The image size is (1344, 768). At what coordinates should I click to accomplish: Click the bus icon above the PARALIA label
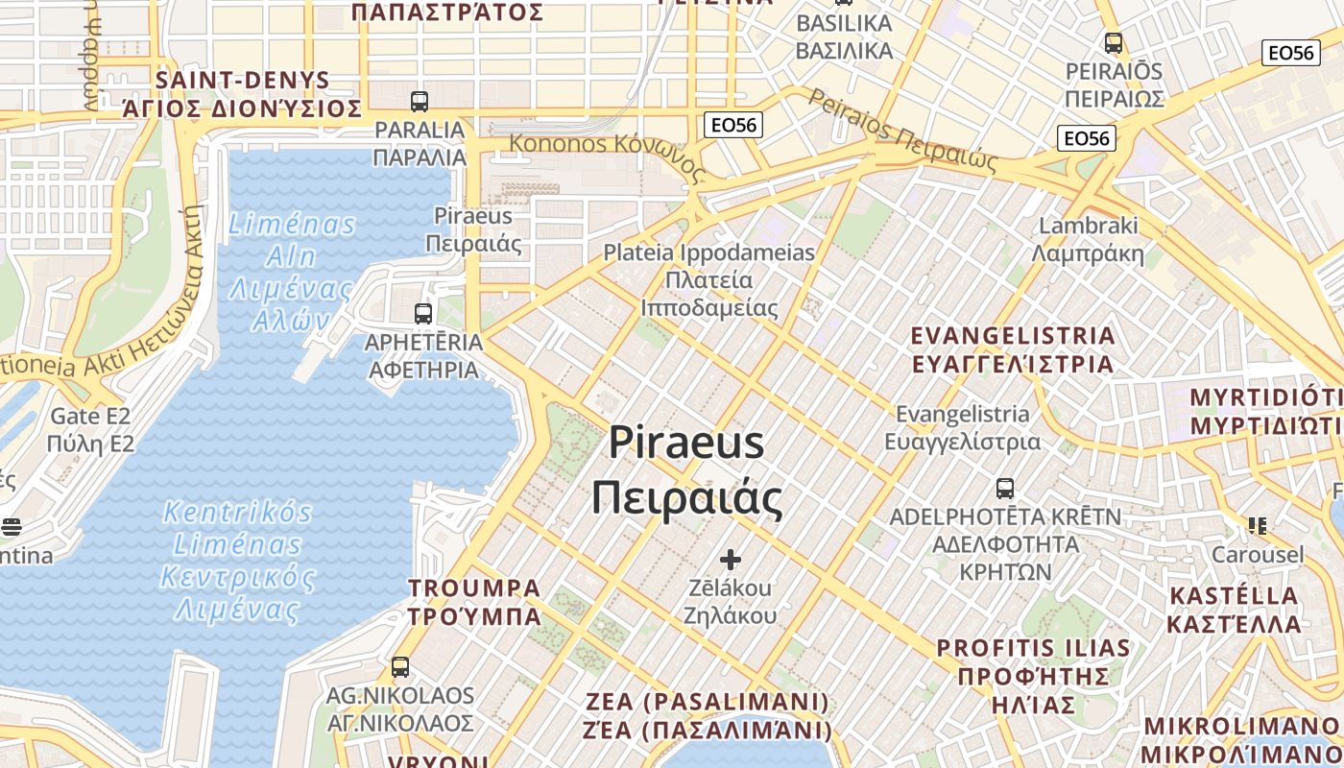(x=419, y=101)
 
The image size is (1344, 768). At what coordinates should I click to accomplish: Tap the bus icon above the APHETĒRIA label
(x=422, y=313)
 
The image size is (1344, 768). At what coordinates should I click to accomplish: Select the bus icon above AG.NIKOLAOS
(x=400, y=666)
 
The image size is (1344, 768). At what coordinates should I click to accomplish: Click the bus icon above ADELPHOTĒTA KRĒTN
(x=1005, y=488)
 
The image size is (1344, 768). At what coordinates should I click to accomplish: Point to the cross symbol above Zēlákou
(x=731, y=559)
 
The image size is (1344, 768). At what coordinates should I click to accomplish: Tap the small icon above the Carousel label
(x=1258, y=525)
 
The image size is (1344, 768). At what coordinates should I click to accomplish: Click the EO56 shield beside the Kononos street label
(x=732, y=125)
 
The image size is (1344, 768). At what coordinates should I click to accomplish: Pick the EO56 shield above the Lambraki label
(x=1086, y=138)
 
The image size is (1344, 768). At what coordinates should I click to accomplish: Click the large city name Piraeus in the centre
(x=686, y=444)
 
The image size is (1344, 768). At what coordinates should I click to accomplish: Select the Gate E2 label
(x=90, y=417)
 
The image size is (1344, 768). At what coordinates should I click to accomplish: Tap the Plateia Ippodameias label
(x=708, y=253)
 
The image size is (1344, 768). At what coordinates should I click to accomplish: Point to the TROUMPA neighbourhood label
(x=474, y=588)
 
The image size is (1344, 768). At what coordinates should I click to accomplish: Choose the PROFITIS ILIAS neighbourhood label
(x=1033, y=648)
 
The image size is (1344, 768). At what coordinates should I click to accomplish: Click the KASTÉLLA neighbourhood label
(x=1233, y=596)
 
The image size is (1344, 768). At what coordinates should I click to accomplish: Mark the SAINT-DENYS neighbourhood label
(x=242, y=81)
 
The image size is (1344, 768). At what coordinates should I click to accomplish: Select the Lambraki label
(x=1088, y=227)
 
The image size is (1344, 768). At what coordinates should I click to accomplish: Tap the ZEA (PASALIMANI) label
(x=708, y=702)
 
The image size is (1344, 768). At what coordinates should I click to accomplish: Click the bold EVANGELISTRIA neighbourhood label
(x=1013, y=336)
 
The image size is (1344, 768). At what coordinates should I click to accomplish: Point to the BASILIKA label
(x=844, y=23)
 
